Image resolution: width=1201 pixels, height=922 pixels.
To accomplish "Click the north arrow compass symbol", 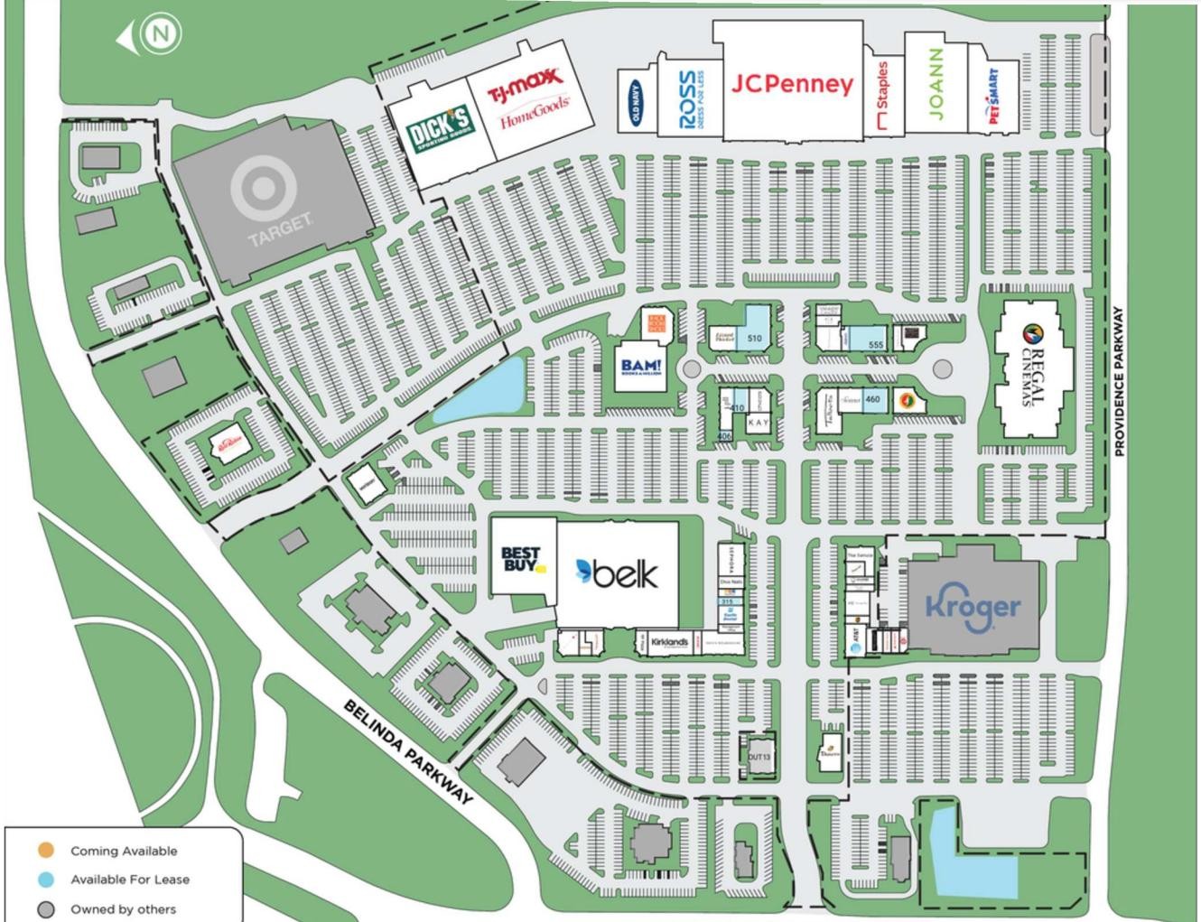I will coord(159,34).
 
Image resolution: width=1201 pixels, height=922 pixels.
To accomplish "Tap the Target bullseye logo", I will coord(261,191).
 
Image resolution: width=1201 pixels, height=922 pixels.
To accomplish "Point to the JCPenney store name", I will coord(792,84).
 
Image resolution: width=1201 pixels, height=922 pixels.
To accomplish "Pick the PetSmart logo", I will coord(993,97).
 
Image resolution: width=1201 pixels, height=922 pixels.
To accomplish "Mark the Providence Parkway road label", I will coord(1119,380).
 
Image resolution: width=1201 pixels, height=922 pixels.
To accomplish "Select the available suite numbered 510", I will coord(755,339).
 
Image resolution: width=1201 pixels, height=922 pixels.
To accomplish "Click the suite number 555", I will coord(875,344).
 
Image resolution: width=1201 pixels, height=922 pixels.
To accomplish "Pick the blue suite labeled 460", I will coord(872,399).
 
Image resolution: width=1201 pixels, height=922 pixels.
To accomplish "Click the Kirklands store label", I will coord(669,642).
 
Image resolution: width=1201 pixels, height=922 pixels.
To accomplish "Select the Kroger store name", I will coord(973,606).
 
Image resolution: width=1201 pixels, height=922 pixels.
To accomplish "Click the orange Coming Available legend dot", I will coord(46,851).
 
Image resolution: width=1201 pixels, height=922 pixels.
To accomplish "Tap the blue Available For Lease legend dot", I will coord(46,880).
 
